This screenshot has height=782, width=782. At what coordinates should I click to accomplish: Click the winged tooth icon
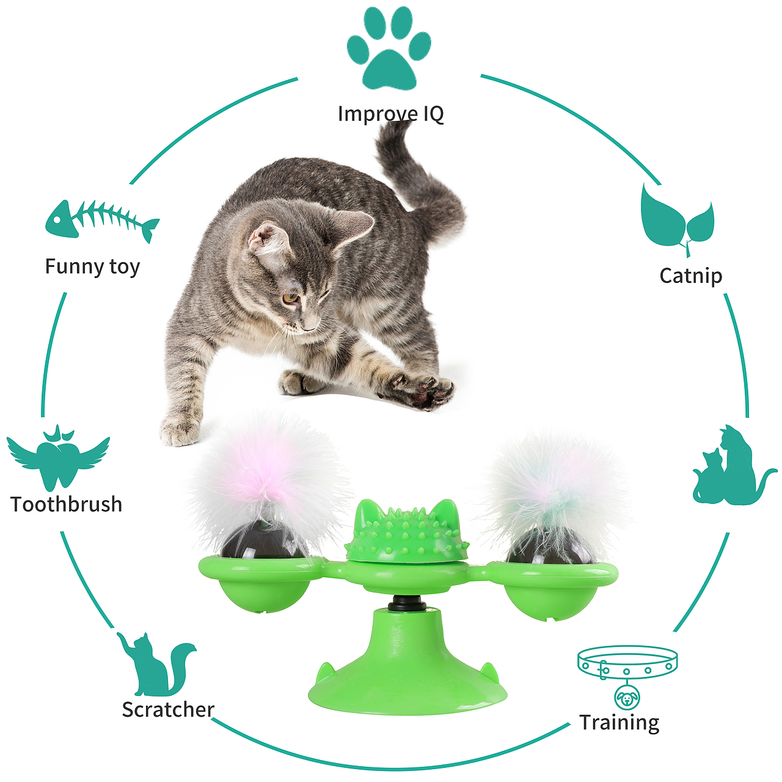click(x=58, y=458)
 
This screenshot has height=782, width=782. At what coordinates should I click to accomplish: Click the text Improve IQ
click(x=391, y=113)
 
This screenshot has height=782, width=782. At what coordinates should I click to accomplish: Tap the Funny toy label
click(x=92, y=267)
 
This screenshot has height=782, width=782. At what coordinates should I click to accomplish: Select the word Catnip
click(x=691, y=276)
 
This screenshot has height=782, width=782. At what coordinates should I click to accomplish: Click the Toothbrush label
click(x=66, y=505)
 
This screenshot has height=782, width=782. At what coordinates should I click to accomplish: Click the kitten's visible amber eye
click(x=290, y=299)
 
